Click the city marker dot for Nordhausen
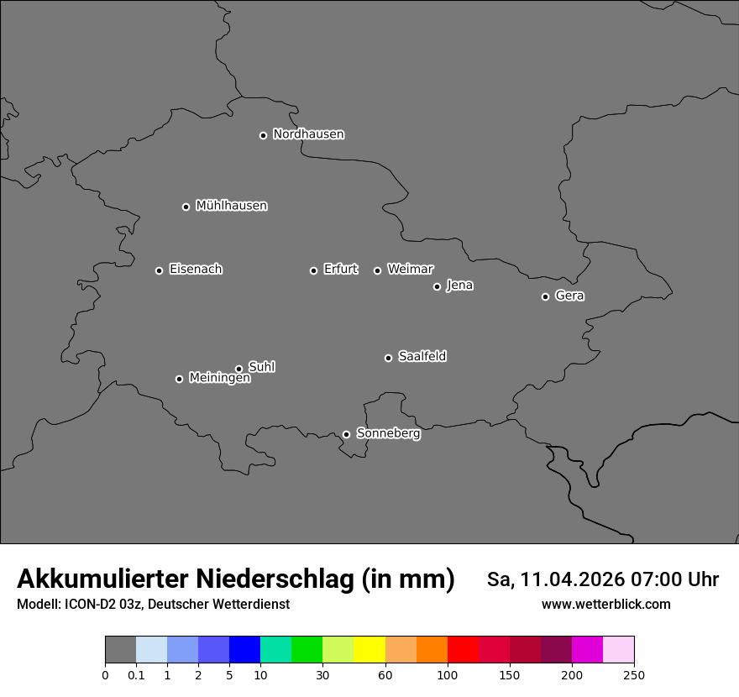click(x=263, y=135)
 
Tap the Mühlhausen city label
click(x=231, y=206)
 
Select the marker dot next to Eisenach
click(x=159, y=270)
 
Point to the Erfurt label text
click(x=340, y=270)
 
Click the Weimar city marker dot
click(x=377, y=270)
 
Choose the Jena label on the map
click(x=459, y=286)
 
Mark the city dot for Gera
click(x=545, y=296)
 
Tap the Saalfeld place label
click(x=422, y=357)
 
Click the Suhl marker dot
click(x=238, y=369)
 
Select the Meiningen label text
click(x=219, y=379)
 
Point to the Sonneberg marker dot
click(x=346, y=434)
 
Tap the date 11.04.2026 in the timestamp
click(x=573, y=579)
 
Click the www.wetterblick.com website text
click(x=605, y=605)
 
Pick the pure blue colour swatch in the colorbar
click(x=244, y=650)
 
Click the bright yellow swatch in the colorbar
click(x=369, y=650)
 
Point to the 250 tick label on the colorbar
click(x=633, y=675)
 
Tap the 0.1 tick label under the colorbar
click(x=136, y=675)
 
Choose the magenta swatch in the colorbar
click(x=587, y=650)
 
